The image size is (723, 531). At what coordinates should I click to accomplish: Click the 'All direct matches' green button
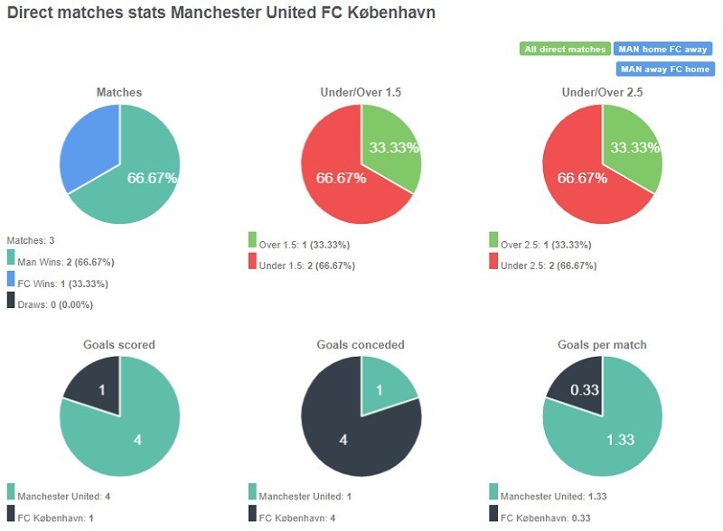(565, 49)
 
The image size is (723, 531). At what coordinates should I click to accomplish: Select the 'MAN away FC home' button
(665, 69)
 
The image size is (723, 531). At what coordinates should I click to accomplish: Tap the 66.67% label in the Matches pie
(151, 178)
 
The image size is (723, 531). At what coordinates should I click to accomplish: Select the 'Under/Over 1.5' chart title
(361, 92)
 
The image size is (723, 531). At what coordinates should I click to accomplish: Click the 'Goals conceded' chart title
(361, 345)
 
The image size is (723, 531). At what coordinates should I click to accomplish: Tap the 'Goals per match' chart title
(603, 345)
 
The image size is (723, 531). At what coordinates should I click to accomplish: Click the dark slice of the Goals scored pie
(93, 386)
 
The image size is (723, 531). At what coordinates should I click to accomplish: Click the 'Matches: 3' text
(31, 240)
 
